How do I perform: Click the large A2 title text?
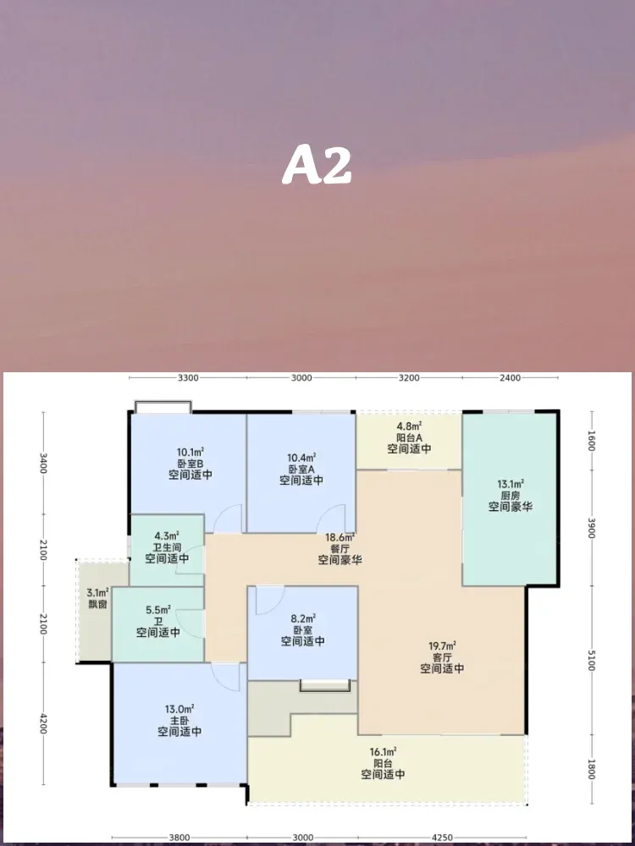(317, 165)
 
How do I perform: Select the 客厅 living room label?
(442, 657)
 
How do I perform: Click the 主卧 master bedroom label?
(179, 720)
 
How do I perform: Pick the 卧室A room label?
(301, 469)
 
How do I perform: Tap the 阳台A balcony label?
(409, 437)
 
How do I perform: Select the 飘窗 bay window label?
(97, 604)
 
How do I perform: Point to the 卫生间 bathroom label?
(168, 547)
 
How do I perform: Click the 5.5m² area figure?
(158, 610)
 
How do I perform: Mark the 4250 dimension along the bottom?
(442, 838)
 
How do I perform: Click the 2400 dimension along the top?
(511, 377)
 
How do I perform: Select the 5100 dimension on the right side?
(592, 661)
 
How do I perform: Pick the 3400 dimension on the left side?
(44, 463)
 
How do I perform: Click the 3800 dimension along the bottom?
(179, 838)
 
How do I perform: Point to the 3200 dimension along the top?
(409, 377)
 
